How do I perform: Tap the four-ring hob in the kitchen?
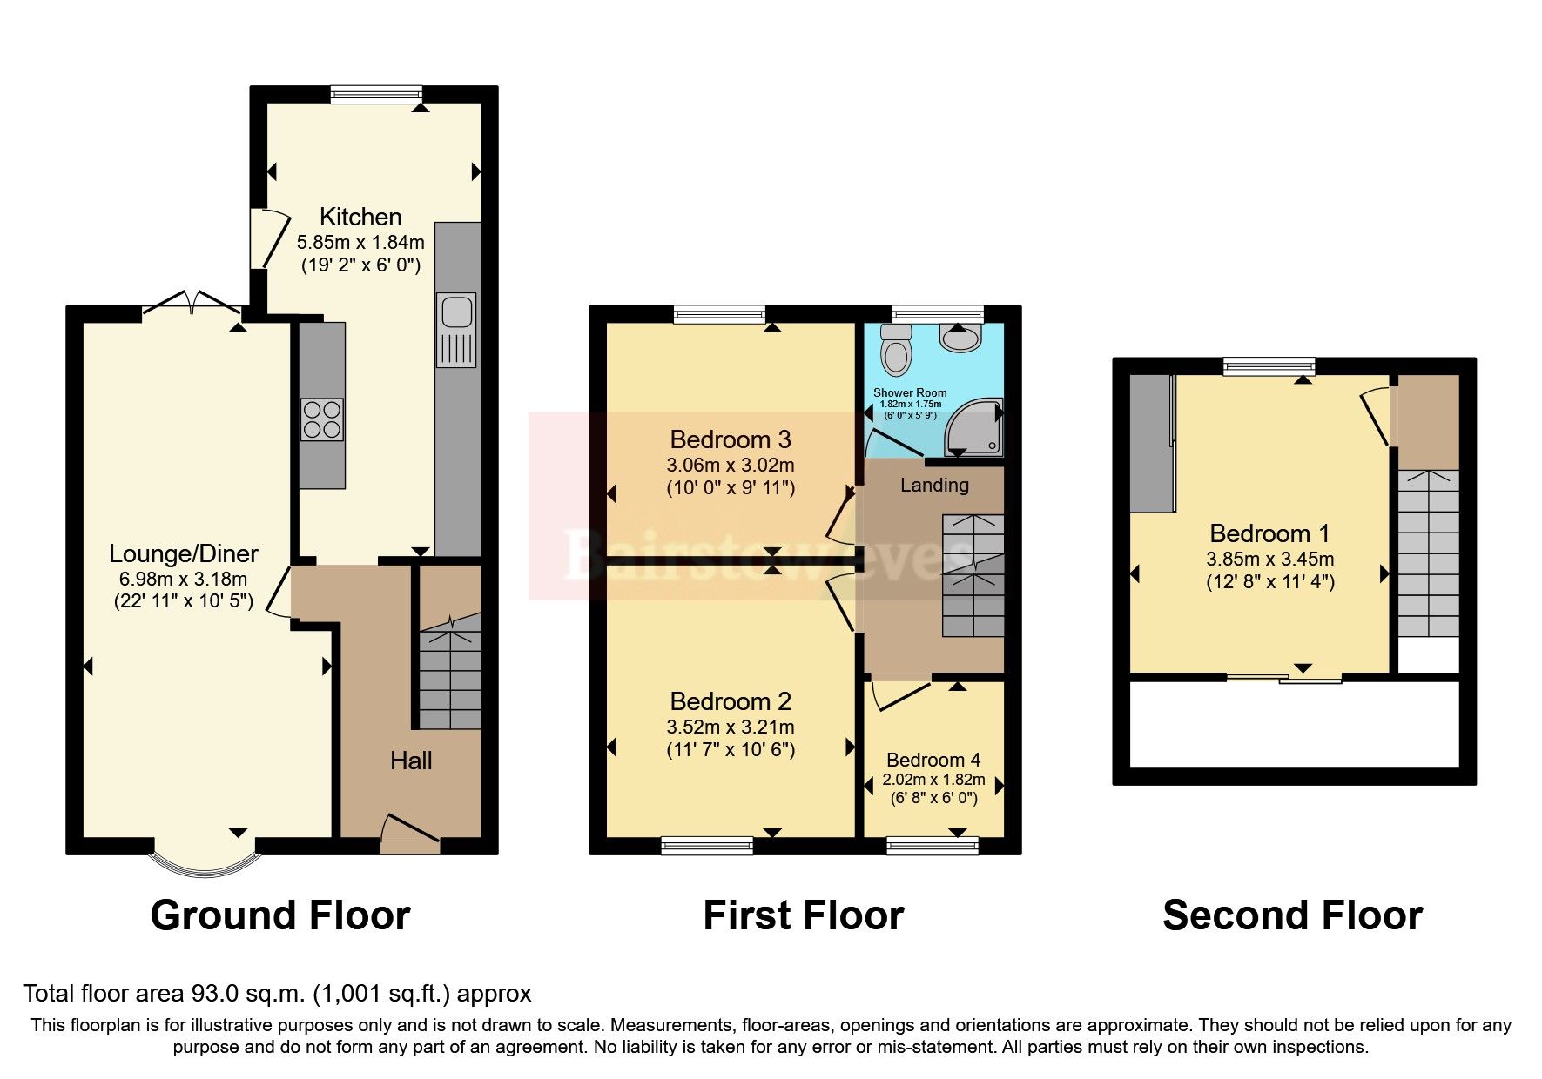pos(321,420)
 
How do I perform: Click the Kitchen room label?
pos(360,217)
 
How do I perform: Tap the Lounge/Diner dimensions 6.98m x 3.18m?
pos(183,579)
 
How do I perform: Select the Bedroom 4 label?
pos(933,760)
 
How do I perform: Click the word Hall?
pos(411,761)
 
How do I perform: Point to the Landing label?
pos(934,485)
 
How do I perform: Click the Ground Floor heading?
pos(279,915)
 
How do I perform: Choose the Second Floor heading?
pos(1292,915)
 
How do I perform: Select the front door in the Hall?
pos(410,834)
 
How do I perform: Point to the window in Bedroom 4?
pos(933,845)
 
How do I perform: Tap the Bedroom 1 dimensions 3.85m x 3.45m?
pos(1269,560)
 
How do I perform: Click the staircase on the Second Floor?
pos(1428,553)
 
